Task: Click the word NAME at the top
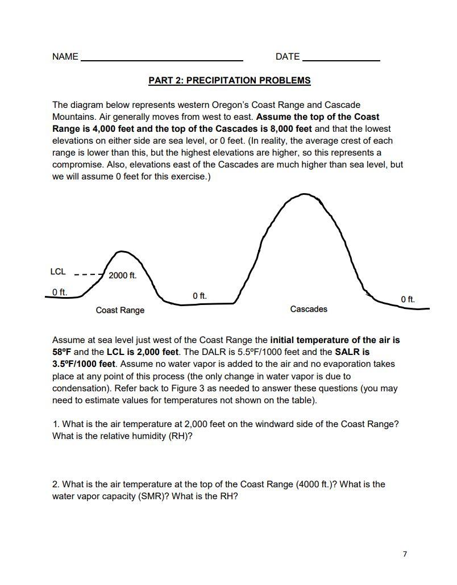click(x=65, y=57)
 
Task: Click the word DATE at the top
click(x=287, y=57)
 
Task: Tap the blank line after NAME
click(x=162, y=60)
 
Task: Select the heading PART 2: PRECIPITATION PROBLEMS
click(x=229, y=81)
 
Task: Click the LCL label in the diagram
click(x=58, y=272)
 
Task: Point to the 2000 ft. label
click(x=122, y=275)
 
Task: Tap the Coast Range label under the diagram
click(x=120, y=310)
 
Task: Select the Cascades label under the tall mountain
click(x=309, y=309)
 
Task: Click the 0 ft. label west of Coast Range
click(x=60, y=292)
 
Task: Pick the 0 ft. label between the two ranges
click(x=200, y=296)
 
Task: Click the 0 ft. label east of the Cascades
click(x=408, y=299)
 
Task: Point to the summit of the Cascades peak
click(x=306, y=194)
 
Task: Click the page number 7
click(x=405, y=554)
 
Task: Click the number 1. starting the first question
click(x=56, y=424)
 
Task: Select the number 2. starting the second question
click(x=56, y=484)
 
